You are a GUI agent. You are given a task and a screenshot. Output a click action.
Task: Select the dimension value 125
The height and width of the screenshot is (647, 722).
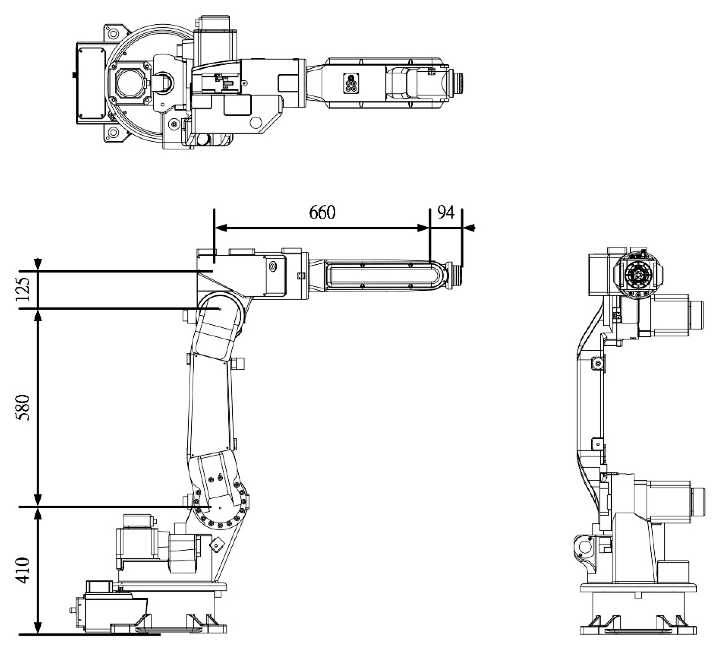point(23,289)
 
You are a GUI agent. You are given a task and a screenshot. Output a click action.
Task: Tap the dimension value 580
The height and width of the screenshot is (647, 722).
point(23,407)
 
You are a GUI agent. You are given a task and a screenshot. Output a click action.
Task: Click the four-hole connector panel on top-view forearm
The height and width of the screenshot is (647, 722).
point(351,83)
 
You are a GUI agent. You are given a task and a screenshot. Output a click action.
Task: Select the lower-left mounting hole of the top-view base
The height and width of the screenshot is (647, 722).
point(113,134)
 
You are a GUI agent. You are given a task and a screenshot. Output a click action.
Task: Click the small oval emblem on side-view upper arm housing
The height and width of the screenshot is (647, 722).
point(273,266)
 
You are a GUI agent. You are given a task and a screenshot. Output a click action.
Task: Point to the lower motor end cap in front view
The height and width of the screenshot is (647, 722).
point(697,502)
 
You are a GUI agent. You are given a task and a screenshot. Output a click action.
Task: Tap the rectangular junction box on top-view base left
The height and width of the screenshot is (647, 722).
point(92,83)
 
